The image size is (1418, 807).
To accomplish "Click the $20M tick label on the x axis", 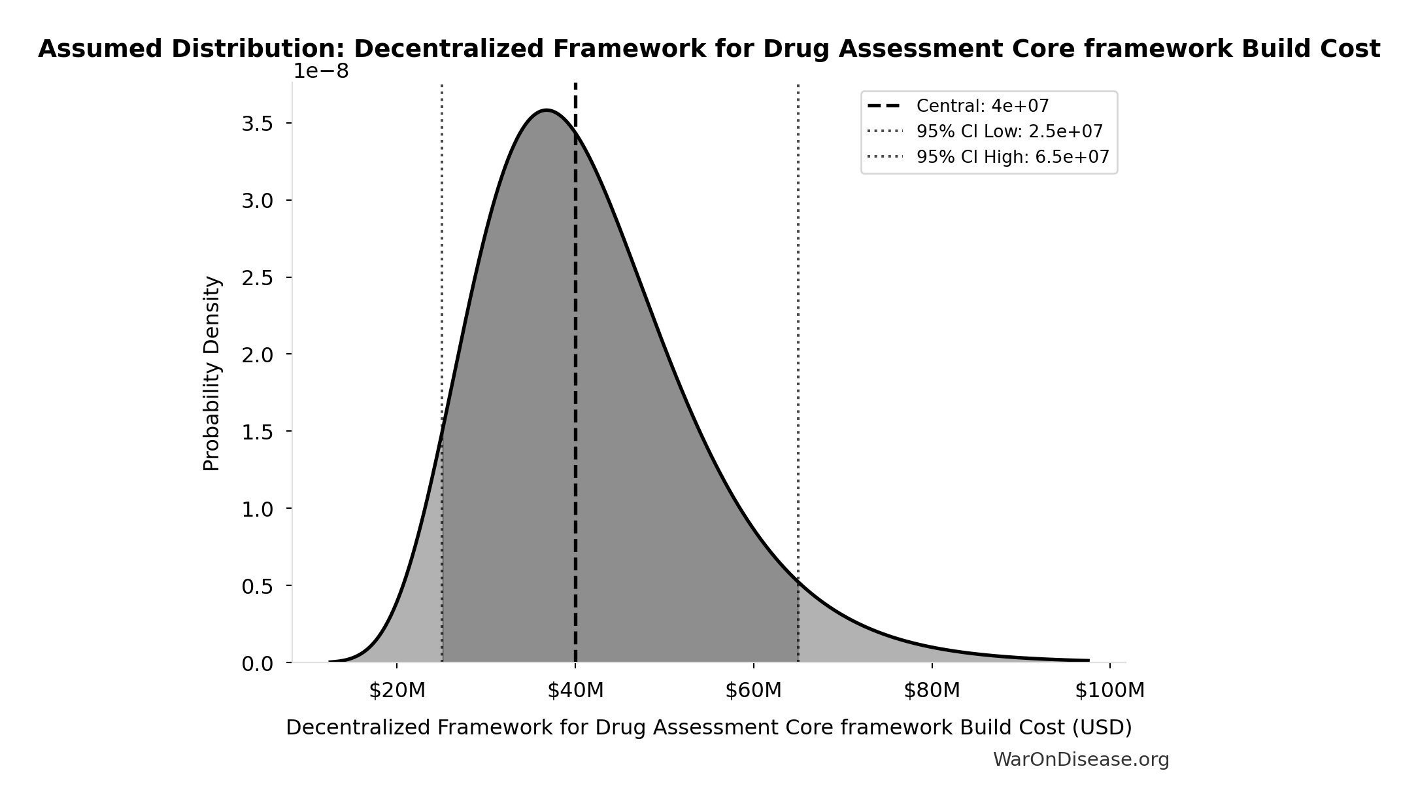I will pyautogui.click(x=397, y=691).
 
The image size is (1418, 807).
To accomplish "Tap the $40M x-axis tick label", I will pyautogui.click(x=575, y=691).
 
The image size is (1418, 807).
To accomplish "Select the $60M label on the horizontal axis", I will pyautogui.click(x=753, y=691).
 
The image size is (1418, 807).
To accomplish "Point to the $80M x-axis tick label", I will pyautogui.click(x=932, y=691).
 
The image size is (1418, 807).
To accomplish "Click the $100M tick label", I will pyautogui.click(x=1109, y=691).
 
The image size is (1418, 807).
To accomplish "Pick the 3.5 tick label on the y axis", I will pyautogui.click(x=257, y=124).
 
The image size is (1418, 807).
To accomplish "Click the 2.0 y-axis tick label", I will pyautogui.click(x=257, y=354).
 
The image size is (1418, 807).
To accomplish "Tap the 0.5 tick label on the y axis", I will pyautogui.click(x=257, y=586).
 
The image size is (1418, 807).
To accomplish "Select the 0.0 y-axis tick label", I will pyautogui.click(x=257, y=664).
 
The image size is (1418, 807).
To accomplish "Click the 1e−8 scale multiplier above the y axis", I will pyautogui.click(x=320, y=71).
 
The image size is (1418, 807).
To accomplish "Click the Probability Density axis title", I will pyautogui.click(x=212, y=373).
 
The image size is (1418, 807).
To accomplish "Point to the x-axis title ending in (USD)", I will pyautogui.click(x=709, y=727).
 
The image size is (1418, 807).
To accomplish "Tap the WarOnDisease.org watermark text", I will pyautogui.click(x=1081, y=759).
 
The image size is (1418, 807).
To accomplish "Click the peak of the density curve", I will pyautogui.click(x=547, y=111).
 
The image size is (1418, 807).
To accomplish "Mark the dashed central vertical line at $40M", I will pyautogui.click(x=575, y=392).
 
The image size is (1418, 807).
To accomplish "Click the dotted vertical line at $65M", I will pyautogui.click(x=798, y=327).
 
